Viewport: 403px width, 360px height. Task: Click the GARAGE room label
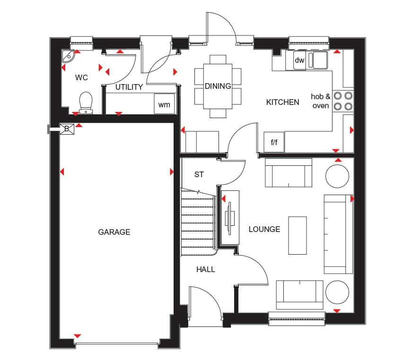click(x=114, y=232)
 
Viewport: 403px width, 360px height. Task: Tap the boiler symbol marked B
click(x=67, y=129)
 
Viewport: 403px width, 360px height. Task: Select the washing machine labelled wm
click(x=164, y=104)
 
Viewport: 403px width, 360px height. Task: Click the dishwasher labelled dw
click(x=299, y=60)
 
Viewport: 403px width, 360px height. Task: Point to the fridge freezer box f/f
click(x=274, y=142)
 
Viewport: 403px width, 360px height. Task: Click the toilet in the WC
click(x=86, y=103)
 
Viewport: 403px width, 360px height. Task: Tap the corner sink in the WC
click(x=68, y=56)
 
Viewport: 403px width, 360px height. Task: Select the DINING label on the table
click(x=218, y=86)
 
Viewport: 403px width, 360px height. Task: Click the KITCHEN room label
click(x=282, y=102)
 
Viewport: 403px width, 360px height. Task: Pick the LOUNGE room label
click(x=264, y=229)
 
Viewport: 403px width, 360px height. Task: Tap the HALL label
click(x=206, y=269)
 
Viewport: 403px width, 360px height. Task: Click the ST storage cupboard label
click(x=199, y=175)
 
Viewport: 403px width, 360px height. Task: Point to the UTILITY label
click(x=129, y=87)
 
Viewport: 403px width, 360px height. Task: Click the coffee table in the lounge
click(x=298, y=235)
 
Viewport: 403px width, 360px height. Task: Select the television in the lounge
click(x=230, y=218)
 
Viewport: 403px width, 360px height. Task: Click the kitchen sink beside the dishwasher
click(x=317, y=60)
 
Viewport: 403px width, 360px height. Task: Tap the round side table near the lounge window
click(x=337, y=292)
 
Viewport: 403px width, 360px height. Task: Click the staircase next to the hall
click(x=198, y=222)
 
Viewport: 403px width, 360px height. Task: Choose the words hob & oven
click(x=321, y=101)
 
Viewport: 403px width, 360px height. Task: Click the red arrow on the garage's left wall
click(x=62, y=171)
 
